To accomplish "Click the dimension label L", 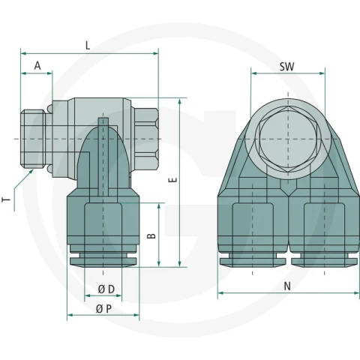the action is coord(88,46).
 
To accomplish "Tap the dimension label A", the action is coord(37,66).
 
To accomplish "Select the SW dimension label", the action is coord(286,67).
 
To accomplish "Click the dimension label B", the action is coord(151,235).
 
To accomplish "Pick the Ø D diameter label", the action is coord(106,289).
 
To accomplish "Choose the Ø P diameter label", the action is coord(103,309).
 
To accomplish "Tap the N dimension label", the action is coord(287,286).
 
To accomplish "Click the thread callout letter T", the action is coord(7,199).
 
